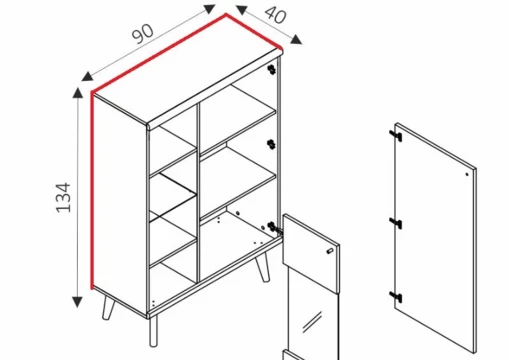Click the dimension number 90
click(x=143, y=34)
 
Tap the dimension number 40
click(x=275, y=14)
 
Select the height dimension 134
click(x=63, y=197)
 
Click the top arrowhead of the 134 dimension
click(x=78, y=93)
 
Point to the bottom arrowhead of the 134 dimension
click(x=77, y=302)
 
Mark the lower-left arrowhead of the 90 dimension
click(x=87, y=76)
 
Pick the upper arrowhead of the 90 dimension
click(x=209, y=9)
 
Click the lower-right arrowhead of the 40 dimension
click(x=296, y=39)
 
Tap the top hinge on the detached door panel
click(x=396, y=136)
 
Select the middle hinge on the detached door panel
click(x=396, y=223)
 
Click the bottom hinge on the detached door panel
click(x=396, y=297)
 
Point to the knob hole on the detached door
click(x=467, y=174)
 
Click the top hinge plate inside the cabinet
click(x=272, y=69)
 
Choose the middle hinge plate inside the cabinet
click(x=272, y=144)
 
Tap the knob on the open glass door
click(x=329, y=251)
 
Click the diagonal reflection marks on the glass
click(x=312, y=322)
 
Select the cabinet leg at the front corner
click(x=153, y=331)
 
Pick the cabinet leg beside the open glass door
click(x=263, y=268)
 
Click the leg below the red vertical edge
click(x=108, y=308)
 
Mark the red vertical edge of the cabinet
click(x=92, y=190)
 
